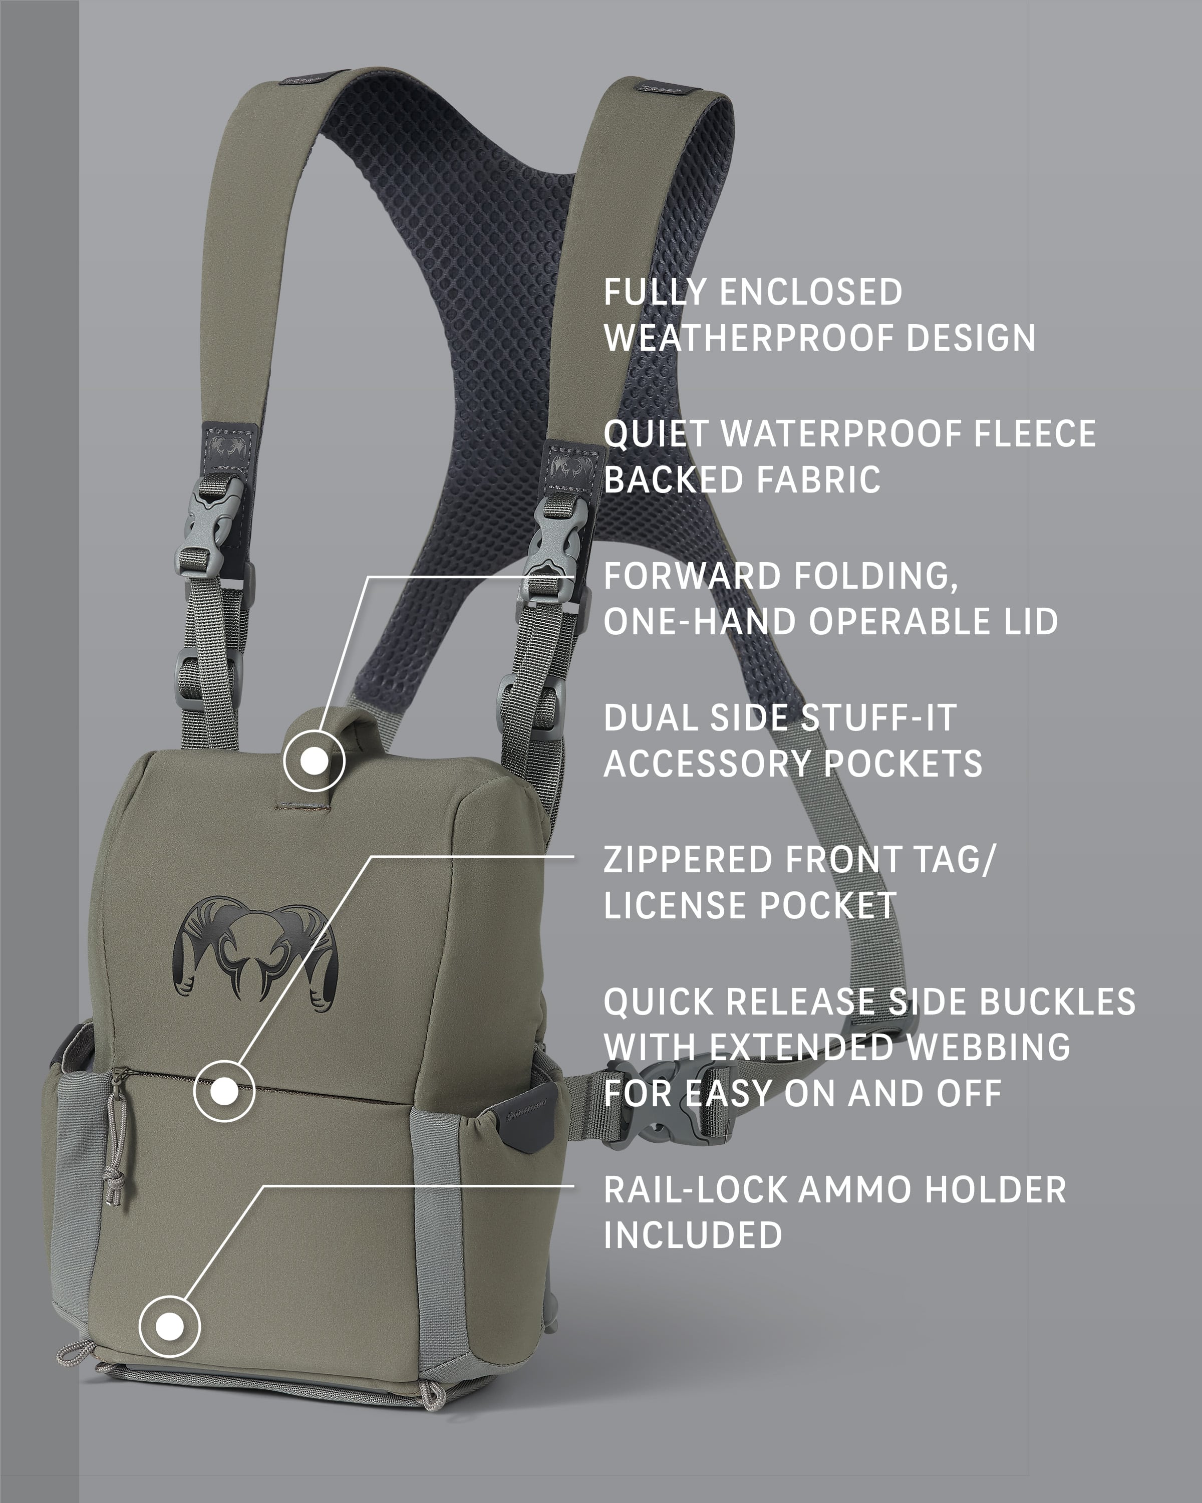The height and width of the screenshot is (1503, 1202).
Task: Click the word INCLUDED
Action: pyautogui.click(x=693, y=1235)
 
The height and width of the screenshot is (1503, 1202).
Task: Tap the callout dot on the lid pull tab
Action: pyautogui.click(x=314, y=761)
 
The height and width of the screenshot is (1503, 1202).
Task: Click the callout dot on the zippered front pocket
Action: pyautogui.click(x=224, y=1091)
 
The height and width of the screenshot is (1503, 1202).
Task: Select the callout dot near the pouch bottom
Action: pyautogui.click(x=169, y=1327)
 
